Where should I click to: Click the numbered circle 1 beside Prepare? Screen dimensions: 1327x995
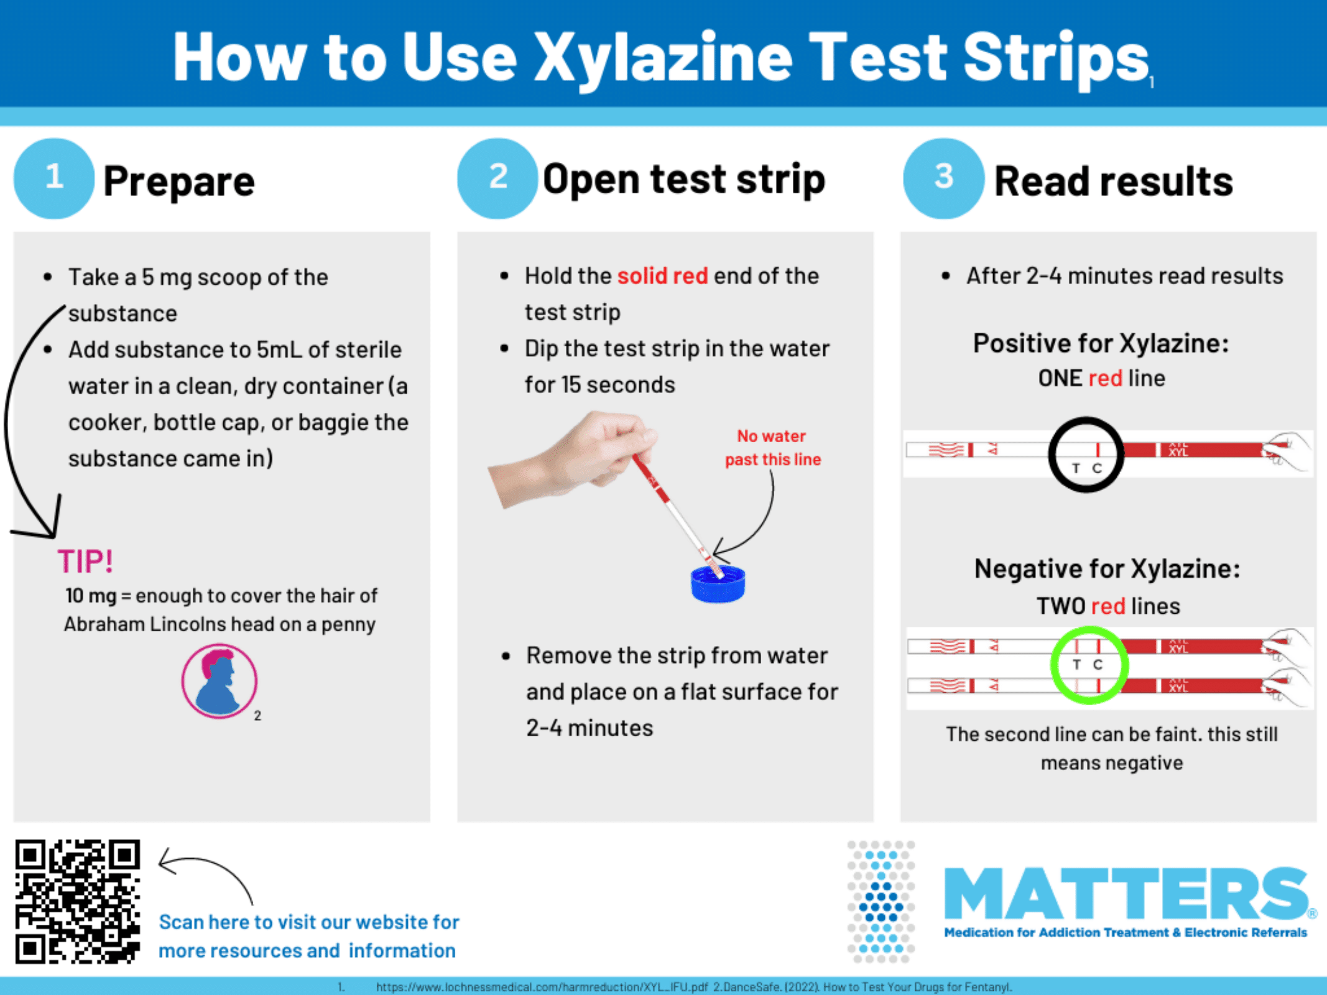point(54,178)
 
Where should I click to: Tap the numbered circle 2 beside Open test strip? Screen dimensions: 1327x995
point(497,178)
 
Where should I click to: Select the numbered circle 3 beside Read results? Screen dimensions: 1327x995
point(943,178)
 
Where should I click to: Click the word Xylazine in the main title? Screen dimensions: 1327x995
point(663,58)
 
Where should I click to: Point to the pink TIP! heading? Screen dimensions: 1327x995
point(86,562)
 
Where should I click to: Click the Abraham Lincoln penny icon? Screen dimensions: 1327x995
point(219,681)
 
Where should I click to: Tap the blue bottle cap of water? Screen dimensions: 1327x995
point(718,584)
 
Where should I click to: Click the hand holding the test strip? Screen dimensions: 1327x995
point(572,457)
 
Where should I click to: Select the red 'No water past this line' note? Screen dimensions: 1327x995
point(773,448)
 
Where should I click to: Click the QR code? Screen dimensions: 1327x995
point(78,902)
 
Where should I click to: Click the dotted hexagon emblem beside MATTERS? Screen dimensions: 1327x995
point(881,902)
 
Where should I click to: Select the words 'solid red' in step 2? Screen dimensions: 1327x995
point(662,275)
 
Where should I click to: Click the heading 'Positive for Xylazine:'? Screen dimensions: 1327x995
point(1101,343)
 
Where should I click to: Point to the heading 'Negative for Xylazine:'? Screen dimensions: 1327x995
point(1107,568)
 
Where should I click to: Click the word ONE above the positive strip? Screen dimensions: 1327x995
point(1060,378)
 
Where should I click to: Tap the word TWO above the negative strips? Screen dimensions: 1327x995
point(1061,606)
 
